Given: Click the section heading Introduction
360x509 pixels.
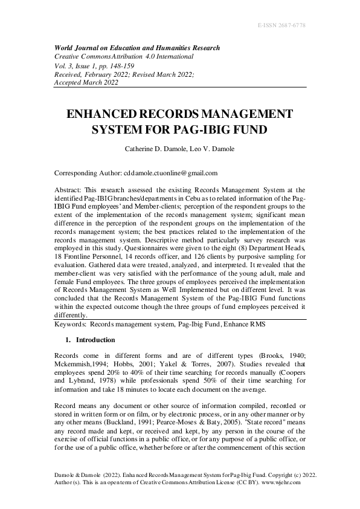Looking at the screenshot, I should point(94,340).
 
